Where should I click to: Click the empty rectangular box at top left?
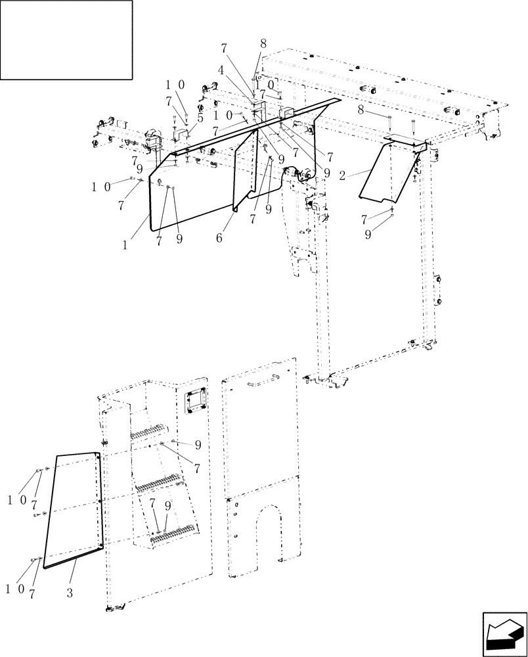coord(67,39)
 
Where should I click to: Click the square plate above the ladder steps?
coord(194,401)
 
